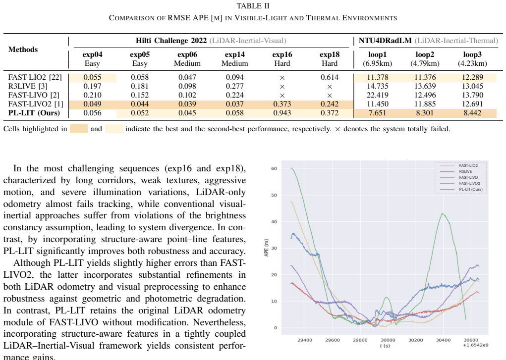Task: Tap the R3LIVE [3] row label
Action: [x=28, y=86]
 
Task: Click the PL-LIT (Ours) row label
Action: [x=34, y=113]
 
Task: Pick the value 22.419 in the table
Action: [x=378, y=95]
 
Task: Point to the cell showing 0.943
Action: [x=282, y=113]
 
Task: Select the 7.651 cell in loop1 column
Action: [x=378, y=113]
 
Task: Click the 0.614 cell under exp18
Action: [x=330, y=77]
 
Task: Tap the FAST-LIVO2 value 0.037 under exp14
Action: [x=234, y=104]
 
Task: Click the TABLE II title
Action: [x=253, y=6]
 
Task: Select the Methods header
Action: [x=23, y=50]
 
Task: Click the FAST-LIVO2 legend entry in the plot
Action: [x=469, y=183]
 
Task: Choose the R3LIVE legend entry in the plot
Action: [x=465, y=171]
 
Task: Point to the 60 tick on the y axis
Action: [x=274, y=168]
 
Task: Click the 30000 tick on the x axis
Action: [x=388, y=340]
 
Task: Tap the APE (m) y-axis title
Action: [x=266, y=248]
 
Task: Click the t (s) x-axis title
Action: [x=385, y=346]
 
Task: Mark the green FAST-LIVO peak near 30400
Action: [x=442, y=213]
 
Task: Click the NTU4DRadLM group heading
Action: [x=385, y=41]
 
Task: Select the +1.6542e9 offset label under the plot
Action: [x=475, y=345]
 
